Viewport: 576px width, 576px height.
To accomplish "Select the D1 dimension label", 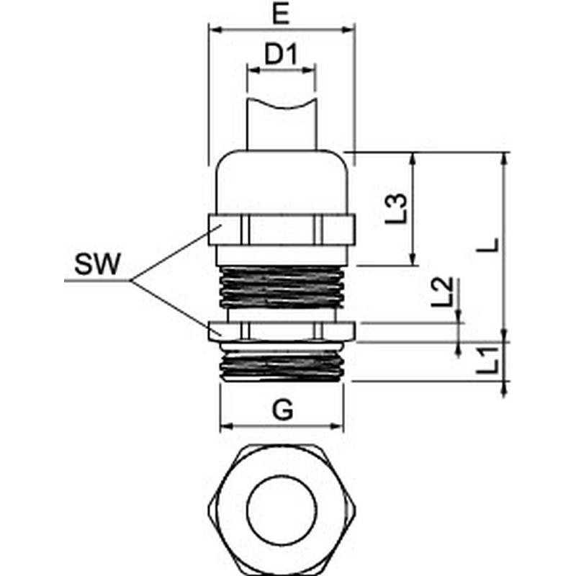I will tap(281, 55).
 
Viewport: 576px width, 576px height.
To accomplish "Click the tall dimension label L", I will tap(490, 245).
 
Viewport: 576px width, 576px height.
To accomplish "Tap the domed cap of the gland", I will tap(281, 180).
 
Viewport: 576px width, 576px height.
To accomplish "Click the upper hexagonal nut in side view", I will tap(281, 230).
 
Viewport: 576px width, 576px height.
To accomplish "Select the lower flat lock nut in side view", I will tap(281, 331).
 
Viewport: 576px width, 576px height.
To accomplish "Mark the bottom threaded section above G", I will tap(281, 364).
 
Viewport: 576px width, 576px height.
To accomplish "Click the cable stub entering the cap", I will tap(281, 122).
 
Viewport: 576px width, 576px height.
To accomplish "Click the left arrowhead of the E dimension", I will tap(212, 30).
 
